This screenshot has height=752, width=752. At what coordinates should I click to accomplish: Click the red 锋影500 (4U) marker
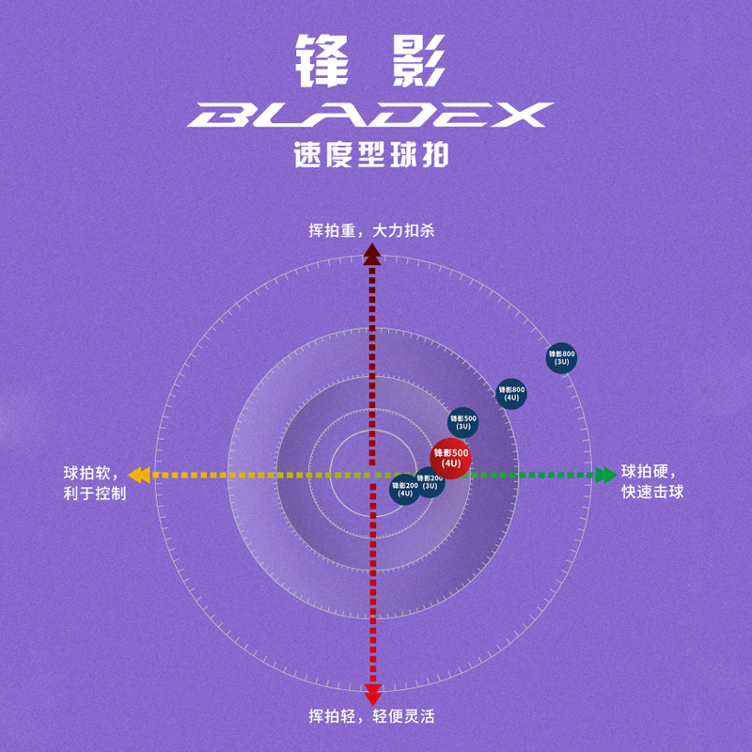coord(450,459)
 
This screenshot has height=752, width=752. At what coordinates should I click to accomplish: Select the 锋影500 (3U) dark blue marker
coord(462,423)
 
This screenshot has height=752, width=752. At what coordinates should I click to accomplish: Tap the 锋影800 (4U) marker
coord(511,394)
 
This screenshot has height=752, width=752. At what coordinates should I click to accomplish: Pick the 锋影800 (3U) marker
coord(561,358)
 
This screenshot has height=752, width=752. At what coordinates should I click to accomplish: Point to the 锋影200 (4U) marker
coord(404,490)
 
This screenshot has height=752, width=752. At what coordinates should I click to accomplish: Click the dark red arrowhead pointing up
coord(372,253)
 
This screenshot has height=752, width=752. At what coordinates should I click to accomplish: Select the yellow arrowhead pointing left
coord(138,475)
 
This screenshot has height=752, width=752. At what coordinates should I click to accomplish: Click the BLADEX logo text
coord(369,115)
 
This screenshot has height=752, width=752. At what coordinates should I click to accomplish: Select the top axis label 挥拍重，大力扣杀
coord(372,230)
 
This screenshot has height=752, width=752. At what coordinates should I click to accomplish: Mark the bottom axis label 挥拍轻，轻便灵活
coord(372,717)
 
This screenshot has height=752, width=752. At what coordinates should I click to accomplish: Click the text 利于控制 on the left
coord(95,493)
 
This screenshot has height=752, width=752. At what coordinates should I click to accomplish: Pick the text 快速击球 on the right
coord(652,493)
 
